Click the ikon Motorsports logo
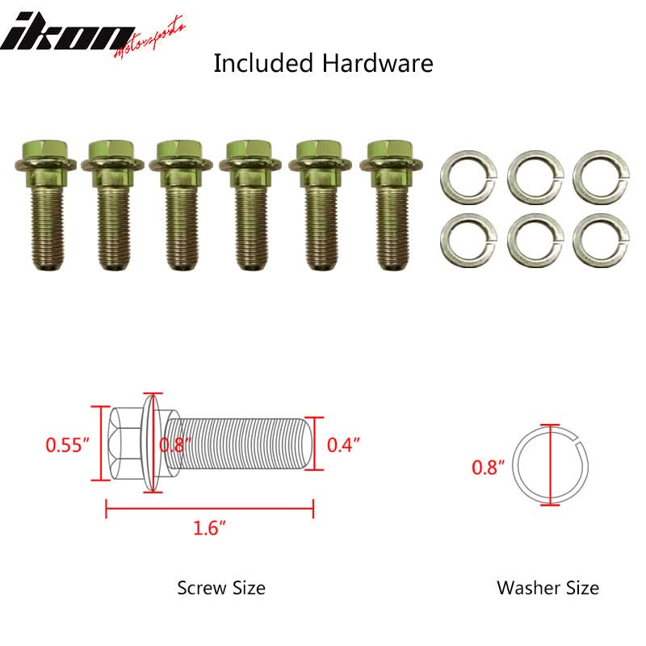pos(93,37)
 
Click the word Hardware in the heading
pos(377,64)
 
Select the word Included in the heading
pos(263,64)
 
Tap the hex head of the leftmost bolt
pos(44,150)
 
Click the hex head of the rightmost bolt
pos(391,150)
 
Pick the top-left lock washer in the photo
pos(468,178)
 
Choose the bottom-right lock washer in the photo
pos(601,241)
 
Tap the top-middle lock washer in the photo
pos(535,178)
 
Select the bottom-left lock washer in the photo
pos(468,241)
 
